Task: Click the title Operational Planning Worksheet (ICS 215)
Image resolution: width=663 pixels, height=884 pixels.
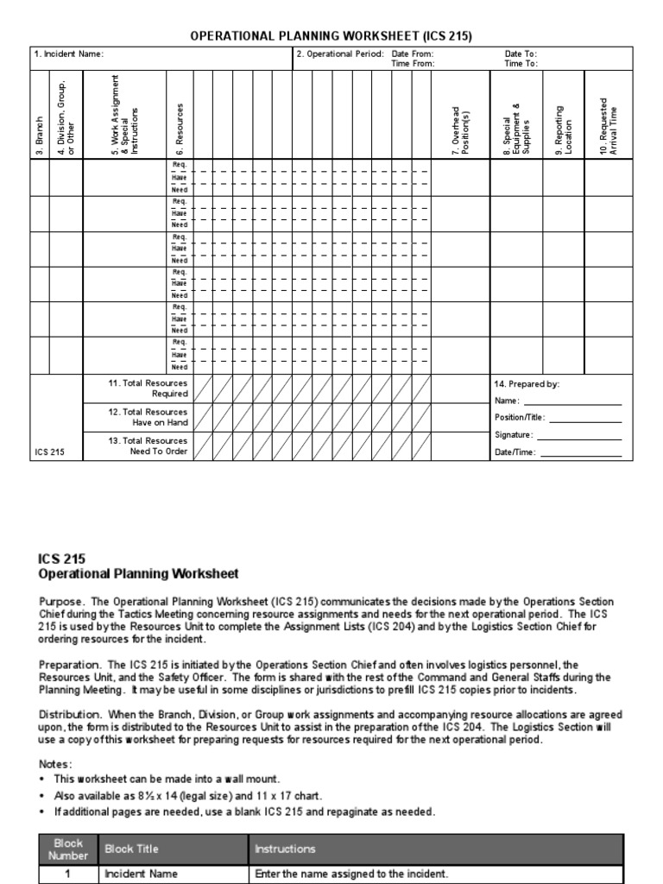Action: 331,35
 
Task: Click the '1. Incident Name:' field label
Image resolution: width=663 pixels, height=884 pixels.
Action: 69,54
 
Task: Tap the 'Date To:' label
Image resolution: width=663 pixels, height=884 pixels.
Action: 521,54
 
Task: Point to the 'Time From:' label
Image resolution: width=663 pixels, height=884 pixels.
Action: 413,63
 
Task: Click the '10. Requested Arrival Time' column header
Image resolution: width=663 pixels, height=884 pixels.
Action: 609,121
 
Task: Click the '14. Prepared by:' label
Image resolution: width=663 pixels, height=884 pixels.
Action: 527,384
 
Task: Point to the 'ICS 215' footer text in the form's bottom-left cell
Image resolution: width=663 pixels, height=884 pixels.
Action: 49,451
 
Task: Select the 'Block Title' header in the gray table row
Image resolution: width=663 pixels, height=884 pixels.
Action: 131,849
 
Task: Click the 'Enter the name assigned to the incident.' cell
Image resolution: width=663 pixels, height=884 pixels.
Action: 351,874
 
